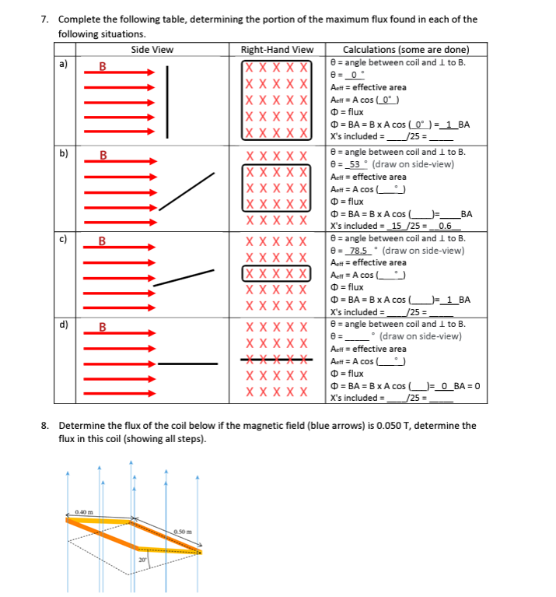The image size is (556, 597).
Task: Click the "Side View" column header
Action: (152, 50)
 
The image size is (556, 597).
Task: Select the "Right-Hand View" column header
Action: (278, 50)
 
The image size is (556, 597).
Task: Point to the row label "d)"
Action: (63, 325)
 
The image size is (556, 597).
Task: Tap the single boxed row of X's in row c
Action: (277, 273)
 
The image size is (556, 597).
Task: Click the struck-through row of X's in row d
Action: (277, 360)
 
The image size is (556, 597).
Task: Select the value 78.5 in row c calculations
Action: (359, 251)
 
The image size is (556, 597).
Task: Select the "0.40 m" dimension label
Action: (85, 511)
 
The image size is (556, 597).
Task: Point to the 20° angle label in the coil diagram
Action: (142, 559)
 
